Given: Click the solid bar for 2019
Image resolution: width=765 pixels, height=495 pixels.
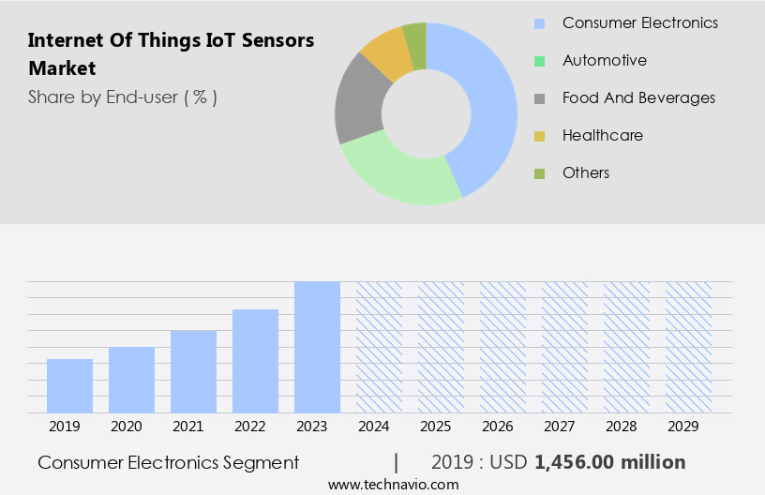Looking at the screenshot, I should [69, 385].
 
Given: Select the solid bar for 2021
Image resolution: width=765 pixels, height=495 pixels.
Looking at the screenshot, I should [193, 371].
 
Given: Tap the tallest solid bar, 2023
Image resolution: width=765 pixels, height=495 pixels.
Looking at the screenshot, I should [317, 347].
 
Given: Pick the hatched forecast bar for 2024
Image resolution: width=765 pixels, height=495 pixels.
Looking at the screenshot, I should [379, 347].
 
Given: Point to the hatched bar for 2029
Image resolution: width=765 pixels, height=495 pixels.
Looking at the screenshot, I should [688, 347].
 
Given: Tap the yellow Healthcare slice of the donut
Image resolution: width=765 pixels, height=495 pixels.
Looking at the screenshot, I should [387, 54].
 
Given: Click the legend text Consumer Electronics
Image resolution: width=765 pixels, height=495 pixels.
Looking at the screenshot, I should [639, 22].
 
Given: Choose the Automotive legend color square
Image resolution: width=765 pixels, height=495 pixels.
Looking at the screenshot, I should [539, 61].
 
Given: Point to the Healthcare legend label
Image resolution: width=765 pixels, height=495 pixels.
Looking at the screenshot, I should [602, 135].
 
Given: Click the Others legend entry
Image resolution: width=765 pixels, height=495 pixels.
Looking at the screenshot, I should [585, 172].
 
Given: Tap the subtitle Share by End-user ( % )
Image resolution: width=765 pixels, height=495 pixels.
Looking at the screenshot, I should [122, 97].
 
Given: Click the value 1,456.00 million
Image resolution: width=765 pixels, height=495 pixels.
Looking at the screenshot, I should [609, 462].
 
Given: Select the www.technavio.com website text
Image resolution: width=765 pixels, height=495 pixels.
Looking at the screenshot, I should [393, 484].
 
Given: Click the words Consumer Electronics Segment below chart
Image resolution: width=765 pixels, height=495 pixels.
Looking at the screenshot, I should [169, 462].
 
